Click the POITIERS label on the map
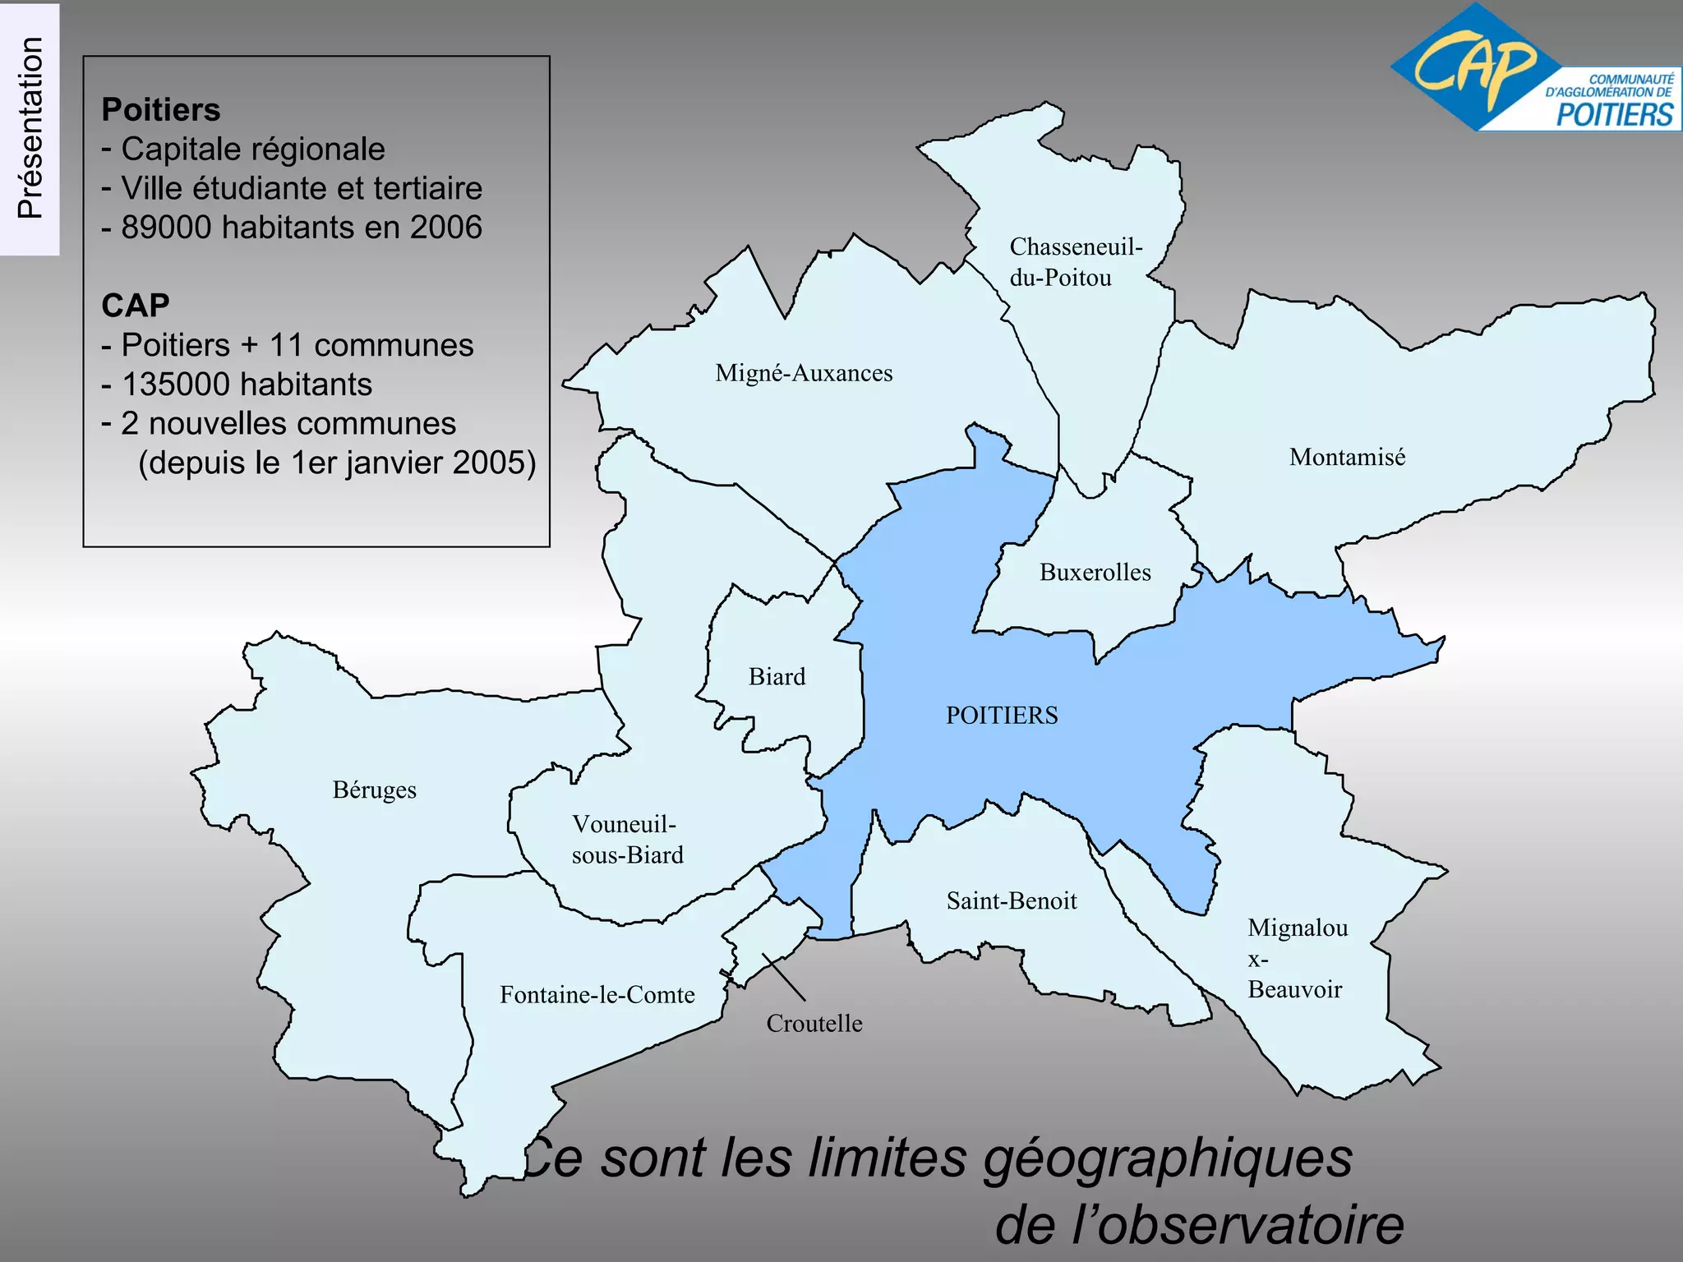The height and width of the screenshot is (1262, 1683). point(1002,715)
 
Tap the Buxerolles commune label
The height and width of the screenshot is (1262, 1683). point(1095,572)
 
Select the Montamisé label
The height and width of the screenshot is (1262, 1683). point(1347,457)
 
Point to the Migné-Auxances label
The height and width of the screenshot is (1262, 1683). point(804,373)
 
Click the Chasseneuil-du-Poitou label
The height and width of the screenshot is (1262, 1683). point(1075,262)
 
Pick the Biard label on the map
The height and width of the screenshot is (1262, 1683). point(777,676)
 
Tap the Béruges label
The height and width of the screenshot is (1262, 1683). point(374,790)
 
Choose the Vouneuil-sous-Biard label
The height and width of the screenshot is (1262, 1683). point(627,839)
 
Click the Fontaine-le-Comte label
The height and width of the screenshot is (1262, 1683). point(597,995)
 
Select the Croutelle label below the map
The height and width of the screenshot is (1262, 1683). point(814,1023)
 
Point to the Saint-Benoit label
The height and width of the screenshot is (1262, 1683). point(1012,900)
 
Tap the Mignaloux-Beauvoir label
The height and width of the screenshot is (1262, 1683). point(1297,958)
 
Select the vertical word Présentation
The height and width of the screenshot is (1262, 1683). point(30,127)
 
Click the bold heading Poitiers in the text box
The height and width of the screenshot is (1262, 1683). point(161,110)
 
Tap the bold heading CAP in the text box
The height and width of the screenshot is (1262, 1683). point(136,306)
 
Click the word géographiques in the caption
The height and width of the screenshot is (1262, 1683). point(1168,1158)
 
